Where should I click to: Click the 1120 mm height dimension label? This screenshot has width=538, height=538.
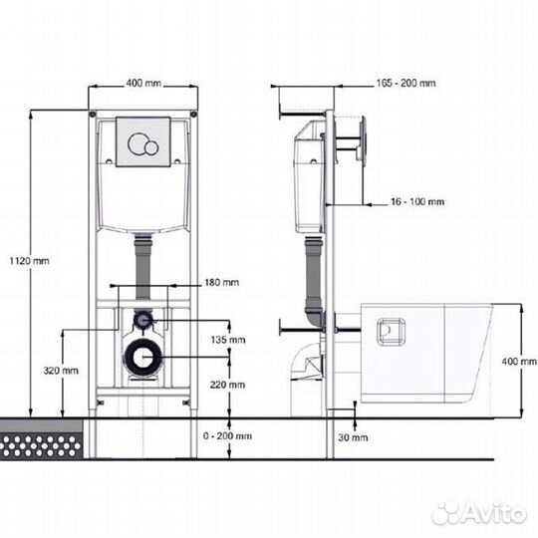click(x=29, y=261)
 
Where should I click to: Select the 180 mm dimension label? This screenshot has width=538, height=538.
click(x=221, y=282)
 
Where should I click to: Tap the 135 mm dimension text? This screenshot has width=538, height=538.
click(x=228, y=340)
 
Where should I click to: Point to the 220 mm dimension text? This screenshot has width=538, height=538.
click(x=227, y=385)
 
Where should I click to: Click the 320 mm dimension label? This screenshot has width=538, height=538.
click(x=61, y=371)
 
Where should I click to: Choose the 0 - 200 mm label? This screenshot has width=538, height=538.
click(x=227, y=436)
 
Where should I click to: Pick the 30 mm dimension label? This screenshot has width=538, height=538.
click(x=353, y=437)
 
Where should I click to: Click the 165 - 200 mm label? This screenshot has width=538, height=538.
click(x=405, y=83)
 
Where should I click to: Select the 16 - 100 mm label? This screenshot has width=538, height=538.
click(x=417, y=201)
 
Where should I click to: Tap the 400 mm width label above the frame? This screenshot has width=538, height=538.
click(x=143, y=84)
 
